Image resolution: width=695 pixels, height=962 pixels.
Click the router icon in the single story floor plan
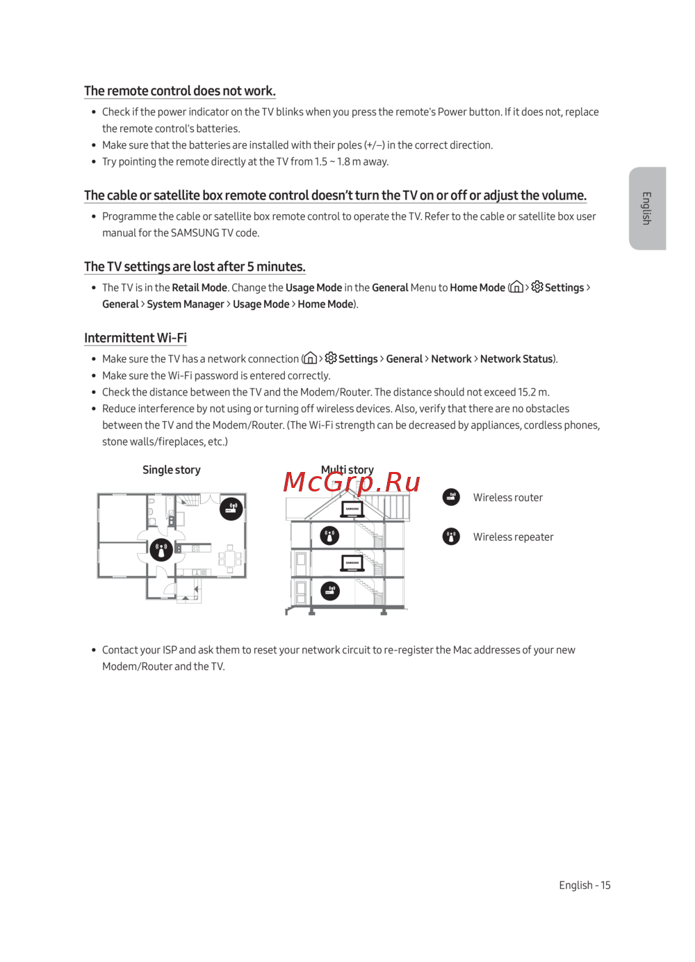231,509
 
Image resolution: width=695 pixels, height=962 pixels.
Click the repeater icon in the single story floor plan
161,550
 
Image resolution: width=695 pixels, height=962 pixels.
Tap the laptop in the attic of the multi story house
352,509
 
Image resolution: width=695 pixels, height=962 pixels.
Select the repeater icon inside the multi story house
329,535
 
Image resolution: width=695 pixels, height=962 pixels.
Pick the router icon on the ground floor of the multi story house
329,591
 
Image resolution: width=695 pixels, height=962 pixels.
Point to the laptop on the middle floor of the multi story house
352,562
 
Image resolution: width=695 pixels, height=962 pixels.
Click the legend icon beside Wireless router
451,497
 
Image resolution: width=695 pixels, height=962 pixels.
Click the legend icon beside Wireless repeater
451,537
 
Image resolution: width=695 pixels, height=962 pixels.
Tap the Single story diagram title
171,470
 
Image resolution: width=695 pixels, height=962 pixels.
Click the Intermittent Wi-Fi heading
136,338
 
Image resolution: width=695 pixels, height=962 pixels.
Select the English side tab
647,208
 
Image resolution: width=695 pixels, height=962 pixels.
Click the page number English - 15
584,885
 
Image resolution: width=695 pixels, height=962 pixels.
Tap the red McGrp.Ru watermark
352,482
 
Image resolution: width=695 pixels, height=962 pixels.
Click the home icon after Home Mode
516,287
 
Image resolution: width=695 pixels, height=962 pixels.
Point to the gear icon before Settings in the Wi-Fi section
331,358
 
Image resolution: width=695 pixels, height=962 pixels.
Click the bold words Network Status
516,359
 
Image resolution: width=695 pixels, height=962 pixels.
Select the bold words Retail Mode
199,288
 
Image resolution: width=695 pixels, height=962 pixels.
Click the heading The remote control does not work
180,91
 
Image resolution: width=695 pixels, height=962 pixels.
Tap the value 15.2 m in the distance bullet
532,392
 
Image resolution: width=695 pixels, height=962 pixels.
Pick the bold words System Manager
186,304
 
